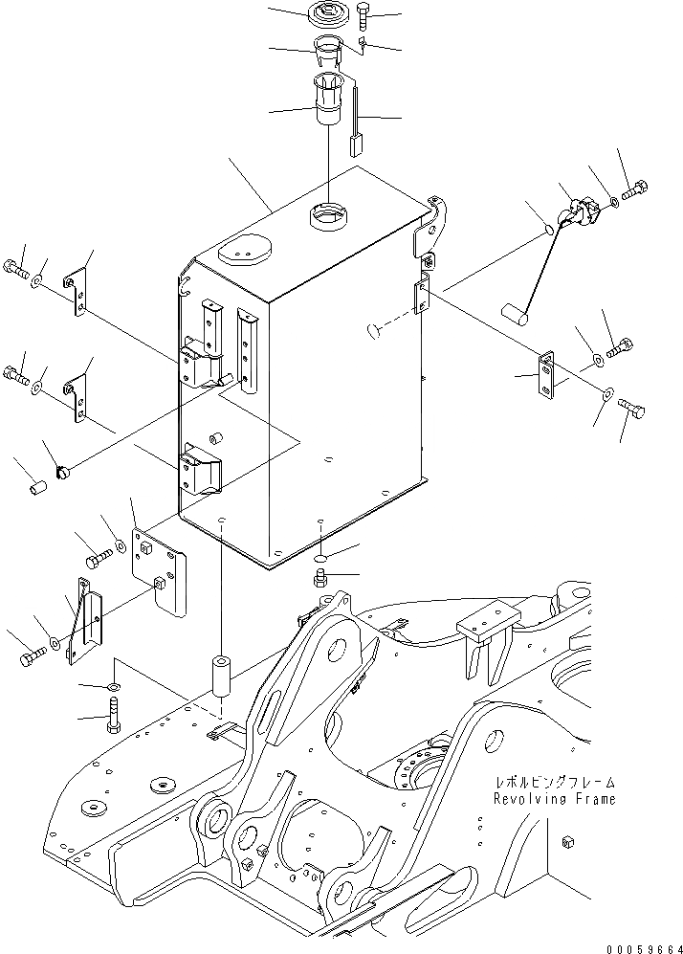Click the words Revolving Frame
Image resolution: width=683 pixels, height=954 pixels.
(x=554, y=798)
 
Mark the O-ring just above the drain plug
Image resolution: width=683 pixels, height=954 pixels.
(x=321, y=557)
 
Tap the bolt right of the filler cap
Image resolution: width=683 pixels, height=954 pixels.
(x=364, y=16)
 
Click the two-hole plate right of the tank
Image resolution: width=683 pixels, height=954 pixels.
(x=546, y=375)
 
